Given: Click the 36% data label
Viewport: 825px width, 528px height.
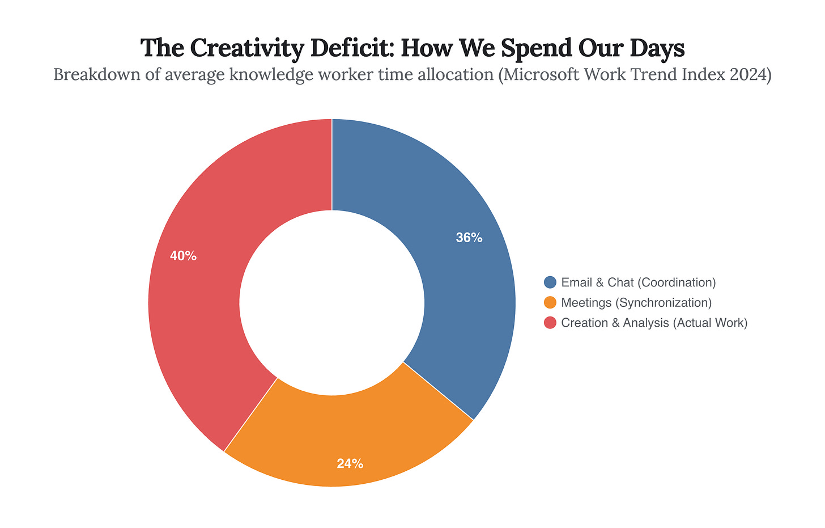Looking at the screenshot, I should point(469,238).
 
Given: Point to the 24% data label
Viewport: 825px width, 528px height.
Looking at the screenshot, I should point(350,463).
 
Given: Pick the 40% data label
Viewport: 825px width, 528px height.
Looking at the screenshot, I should point(183,256).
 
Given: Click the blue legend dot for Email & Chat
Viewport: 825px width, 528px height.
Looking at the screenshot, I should point(550,282).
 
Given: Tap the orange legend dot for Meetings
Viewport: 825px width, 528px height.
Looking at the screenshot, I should point(550,302).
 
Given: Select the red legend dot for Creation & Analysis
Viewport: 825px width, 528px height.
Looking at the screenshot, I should point(550,323).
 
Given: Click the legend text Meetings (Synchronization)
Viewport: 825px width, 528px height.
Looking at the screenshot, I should point(636,302).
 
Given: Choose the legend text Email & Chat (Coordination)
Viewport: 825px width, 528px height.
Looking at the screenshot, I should point(639,282).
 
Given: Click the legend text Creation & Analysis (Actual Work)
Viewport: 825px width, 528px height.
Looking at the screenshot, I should point(654,323).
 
